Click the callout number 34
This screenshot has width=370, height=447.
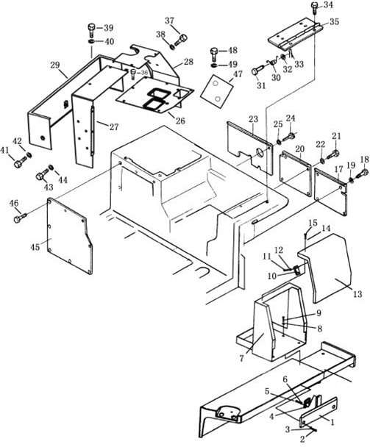click(x=327, y=5)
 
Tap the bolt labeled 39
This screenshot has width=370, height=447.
click(x=91, y=30)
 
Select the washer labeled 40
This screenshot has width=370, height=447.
click(x=91, y=42)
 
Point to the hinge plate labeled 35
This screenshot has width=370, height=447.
click(x=295, y=36)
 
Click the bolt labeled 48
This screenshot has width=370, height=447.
click(x=214, y=54)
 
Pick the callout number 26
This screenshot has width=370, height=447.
click(x=180, y=121)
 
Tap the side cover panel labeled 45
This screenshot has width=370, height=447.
click(x=69, y=235)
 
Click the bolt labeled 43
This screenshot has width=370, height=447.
click(x=43, y=174)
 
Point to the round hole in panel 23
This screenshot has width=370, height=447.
click(x=260, y=152)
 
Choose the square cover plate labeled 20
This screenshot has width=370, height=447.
click(x=295, y=174)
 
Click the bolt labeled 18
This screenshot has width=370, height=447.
click(x=362, y=174)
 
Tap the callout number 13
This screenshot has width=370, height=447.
click(x=357, y=293)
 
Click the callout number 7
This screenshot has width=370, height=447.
click(x=242, y=358)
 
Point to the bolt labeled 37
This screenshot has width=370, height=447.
click(x=180, y=40)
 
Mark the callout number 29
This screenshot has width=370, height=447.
click(x=55, y=65)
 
